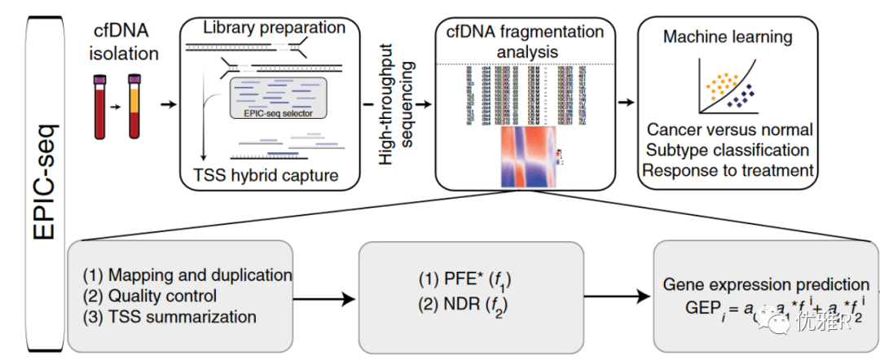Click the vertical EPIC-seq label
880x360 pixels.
43,180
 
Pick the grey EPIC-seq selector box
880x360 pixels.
279,99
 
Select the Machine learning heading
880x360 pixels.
728,37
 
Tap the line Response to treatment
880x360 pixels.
728,170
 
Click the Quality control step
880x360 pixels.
151,296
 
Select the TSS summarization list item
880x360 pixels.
169,317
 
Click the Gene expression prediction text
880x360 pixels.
766,285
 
